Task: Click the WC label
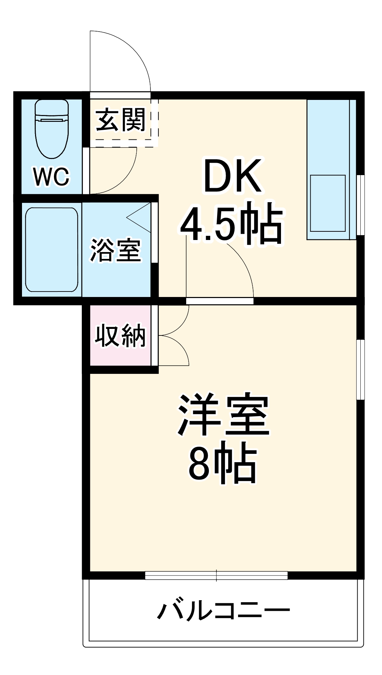(52, 176)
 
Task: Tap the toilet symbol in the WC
(52, 129)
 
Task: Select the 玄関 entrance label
(121, 120)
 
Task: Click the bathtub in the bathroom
(52, 250)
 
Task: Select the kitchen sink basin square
(328, 203)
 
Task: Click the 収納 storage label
(120, 335)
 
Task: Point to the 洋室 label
(223, 415)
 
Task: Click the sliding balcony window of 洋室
(216, 575)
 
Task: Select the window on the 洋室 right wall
(360, 369)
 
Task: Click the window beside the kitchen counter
(360, 205)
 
